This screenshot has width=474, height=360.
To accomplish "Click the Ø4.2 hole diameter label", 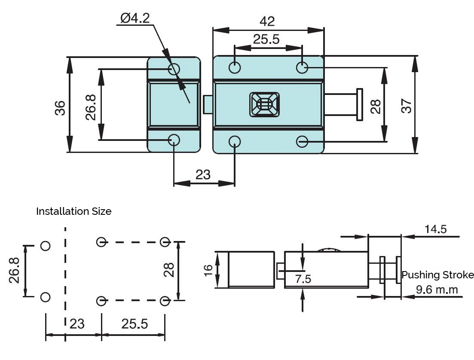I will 135,18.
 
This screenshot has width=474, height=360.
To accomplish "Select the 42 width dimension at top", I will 267,21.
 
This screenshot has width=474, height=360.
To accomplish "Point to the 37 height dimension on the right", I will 407,105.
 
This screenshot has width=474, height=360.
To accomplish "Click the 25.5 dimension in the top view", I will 266,40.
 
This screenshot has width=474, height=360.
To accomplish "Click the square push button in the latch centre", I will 264,104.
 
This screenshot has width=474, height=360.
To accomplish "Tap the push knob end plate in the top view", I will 359,104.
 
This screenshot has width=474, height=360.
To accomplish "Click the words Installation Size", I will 73,211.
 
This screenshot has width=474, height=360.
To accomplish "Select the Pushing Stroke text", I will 437,275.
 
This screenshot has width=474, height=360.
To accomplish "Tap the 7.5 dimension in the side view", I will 303,279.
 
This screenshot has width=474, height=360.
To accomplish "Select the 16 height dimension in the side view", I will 208,270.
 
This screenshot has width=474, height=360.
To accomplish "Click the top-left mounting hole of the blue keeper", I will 174,68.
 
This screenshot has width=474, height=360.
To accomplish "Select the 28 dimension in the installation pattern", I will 169,269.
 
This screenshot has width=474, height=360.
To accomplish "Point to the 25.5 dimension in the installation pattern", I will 134,324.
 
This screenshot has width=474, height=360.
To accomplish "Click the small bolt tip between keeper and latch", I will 207,104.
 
